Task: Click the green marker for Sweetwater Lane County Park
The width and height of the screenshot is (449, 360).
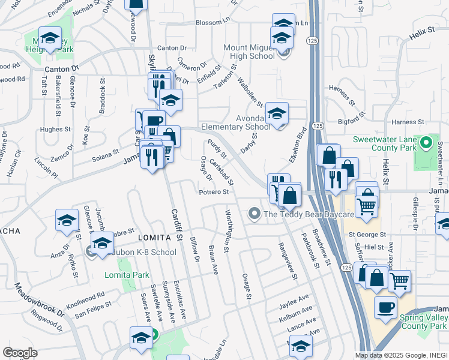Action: tap(426, 143)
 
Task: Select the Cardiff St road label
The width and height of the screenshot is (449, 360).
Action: tap(176, 226)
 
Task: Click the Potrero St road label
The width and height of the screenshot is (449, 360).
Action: tap(214, 192)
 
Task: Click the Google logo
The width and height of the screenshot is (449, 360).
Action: tap(20, 353)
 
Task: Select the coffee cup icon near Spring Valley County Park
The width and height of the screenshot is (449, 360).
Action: tap(385, 308)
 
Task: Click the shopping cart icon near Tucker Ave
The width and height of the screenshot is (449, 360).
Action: tap(400, 280)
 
